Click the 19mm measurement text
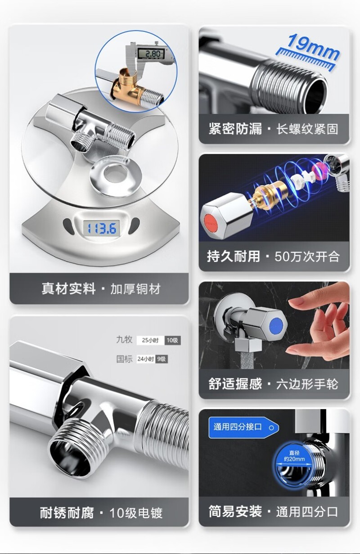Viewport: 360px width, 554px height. click(313, 47)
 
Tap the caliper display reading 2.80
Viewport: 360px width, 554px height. click(151, 54)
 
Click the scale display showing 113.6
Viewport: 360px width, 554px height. click(101, 228)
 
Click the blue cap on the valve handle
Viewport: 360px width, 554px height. click(276, 326)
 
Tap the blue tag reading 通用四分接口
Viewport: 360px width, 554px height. click(243, 427)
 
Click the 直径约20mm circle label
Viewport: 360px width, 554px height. click(294, 456)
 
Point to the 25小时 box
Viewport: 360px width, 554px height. click(150, 340)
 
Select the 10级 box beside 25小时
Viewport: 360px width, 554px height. click(172, 340)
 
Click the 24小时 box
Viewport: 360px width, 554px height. click(146, 359)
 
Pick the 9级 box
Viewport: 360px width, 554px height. click(162, 359)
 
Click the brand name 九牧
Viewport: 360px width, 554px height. click(124, 340)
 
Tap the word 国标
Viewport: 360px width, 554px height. click(124, 359)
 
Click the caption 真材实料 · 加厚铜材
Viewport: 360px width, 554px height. click(101, 288)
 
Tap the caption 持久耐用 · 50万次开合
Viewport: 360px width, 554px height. click(273, 256)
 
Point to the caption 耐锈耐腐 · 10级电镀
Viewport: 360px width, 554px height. click(101, 513)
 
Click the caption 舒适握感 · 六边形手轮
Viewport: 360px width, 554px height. click(273, 384)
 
